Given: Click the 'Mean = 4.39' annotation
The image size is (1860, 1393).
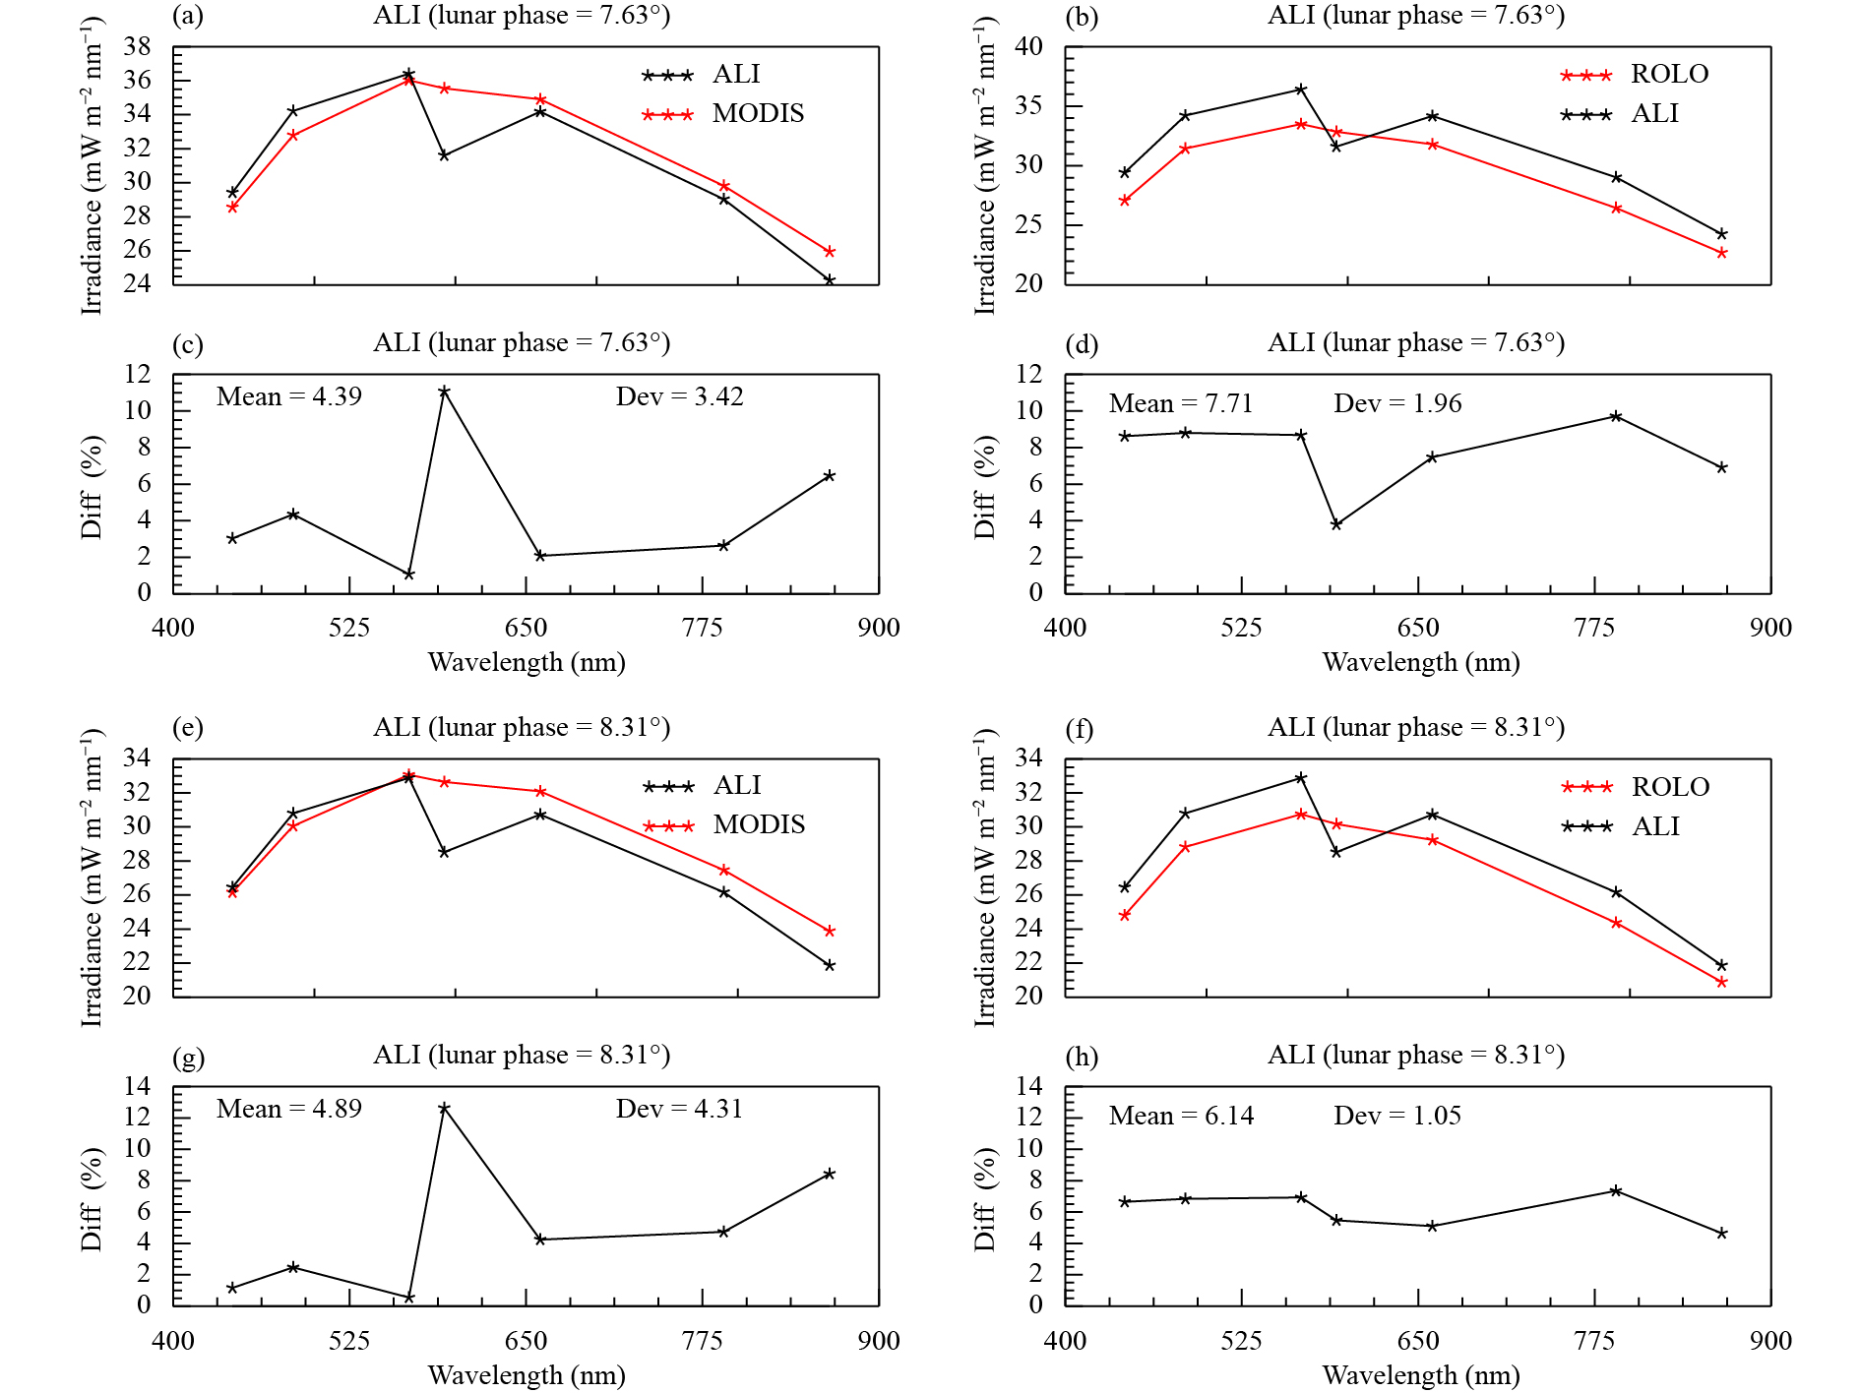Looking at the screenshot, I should pyautogui.click(x=289, y=396).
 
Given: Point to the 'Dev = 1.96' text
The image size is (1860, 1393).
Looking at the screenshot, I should pyautogui.click(x=1397, y=403).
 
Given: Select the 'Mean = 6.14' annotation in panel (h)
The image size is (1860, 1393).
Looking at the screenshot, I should pyautogui.click(x=1181, y=1116).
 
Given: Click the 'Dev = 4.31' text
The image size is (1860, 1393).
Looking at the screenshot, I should pyautogui.click(x=679, y=1109).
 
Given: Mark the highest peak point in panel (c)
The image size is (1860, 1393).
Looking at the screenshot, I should pyautogui.click(x=444, y=392).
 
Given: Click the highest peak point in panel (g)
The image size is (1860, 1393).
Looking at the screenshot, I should pyautogui.click(x=444, y=1108).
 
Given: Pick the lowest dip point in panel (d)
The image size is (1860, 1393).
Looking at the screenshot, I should pyautogui.click(x=1335, y=524).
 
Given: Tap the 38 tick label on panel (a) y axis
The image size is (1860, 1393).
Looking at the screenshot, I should pyautogui.click(x=138, y=46).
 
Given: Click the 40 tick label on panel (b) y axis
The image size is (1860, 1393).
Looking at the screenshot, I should pyautogui.click(x=1029, y=46).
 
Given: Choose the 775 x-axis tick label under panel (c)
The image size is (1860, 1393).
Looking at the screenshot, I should pyautogui.click(x=702, y=628).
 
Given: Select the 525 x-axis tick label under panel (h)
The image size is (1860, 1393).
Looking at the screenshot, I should pyautogui.click(x=1241, y=1340).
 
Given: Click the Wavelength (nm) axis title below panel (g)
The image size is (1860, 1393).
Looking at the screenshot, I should pyautogui.click(x=527, y=1374).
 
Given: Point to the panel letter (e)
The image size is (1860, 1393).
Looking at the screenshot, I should pyautogui.click(x=188, y=728).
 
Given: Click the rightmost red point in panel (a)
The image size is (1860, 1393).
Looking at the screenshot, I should pyautogui.click(x=830, y=252).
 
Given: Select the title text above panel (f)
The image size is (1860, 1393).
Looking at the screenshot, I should pyautogui.click(x=1415, y=727).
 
